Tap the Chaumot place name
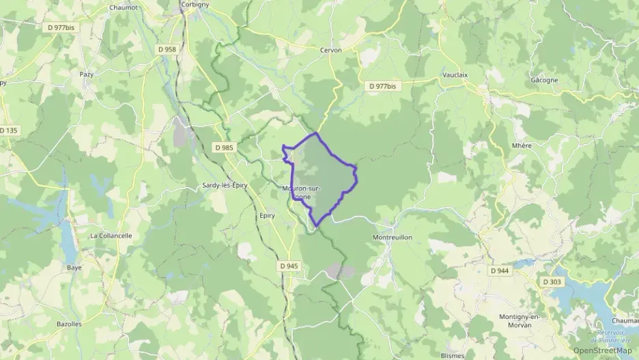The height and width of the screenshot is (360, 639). [123, 8]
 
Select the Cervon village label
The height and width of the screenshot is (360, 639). [330, 50]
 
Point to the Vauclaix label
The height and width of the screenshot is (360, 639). [455, 75]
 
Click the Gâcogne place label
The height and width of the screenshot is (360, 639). [544, 79]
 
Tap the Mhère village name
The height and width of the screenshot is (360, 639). [521, 146]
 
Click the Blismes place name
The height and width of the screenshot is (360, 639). [453, 355]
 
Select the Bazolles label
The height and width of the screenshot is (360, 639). [68, 323]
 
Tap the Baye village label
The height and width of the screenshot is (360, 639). [74, 267]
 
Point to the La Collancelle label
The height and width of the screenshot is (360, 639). [111, 235]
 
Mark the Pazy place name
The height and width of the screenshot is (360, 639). [87, 74]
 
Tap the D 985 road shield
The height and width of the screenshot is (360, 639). [223, 147]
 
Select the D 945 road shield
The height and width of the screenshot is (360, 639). [289, 265]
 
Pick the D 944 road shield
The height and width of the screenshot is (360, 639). [500, 271]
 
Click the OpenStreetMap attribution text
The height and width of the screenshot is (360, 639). [602, 350]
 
